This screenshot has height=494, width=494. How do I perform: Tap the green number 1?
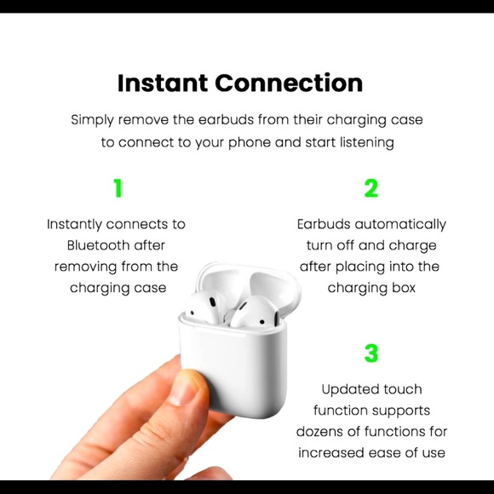tap(118, 189)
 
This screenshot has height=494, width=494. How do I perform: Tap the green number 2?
tap(371, 189)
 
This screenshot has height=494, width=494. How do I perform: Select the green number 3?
tap(371, 353)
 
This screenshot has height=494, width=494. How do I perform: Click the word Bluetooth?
tap(98, 245)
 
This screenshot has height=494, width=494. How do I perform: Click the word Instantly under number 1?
tap(73, 224)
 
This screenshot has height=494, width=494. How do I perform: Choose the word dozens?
tap(320, 431)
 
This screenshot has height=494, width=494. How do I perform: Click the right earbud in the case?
tap(246, 313)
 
